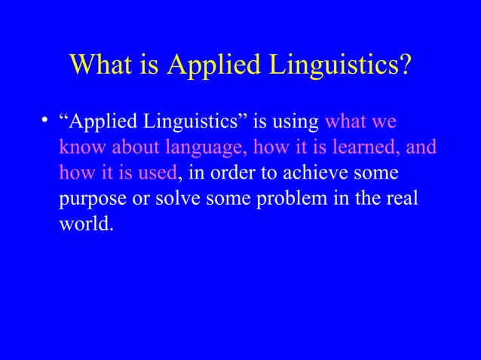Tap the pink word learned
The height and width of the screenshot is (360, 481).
click(361, 147)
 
